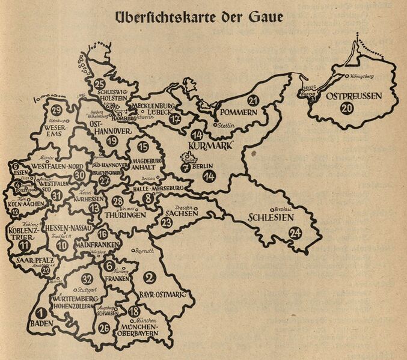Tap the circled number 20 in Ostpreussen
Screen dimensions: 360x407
click(x=346, y=109)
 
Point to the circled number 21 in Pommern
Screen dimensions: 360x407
click(x=253, y=100)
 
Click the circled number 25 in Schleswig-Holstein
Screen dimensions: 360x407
click(x=100, y=84)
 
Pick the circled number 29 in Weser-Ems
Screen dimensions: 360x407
click(x=57, y=111)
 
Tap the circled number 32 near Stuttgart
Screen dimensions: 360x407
click(x=88, y=278)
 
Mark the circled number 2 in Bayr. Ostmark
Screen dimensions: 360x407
click(x=151, y=277)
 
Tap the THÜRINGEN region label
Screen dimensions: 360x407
click(x=124, y=214)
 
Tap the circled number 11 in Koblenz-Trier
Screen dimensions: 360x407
click(x=23, y=245)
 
